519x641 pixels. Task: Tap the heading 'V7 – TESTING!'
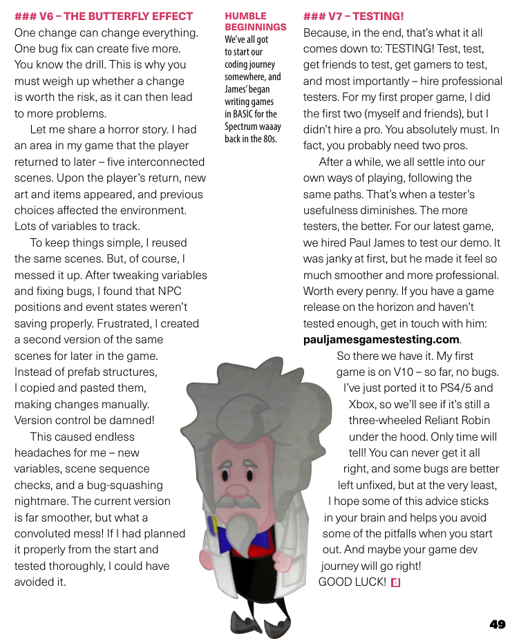click(353, 16)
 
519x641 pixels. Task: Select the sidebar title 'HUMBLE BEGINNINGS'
click(246, 21)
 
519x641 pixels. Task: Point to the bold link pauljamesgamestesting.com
click(381, 339)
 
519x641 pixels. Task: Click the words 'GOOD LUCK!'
click(352, 582)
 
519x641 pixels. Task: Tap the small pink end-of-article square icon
click(395, 582)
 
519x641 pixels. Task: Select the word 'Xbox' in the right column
click(361, 404)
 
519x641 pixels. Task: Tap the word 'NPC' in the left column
click(169, 291)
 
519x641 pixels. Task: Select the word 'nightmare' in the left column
click(39, 501)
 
